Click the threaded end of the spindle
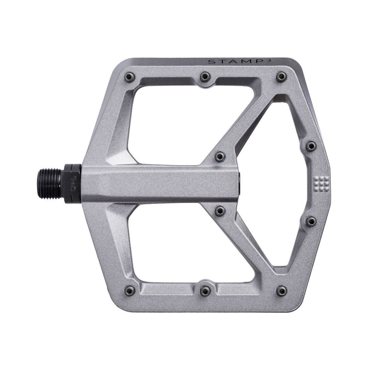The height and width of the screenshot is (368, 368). click(49, 184)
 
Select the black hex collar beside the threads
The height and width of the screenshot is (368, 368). click(72, 184)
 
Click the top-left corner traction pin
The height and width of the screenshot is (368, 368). click(129, 77)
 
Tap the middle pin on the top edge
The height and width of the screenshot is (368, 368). click(205, 77)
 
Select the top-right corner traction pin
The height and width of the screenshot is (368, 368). click(281, 77)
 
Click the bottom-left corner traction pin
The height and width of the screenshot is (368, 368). click(129, 291)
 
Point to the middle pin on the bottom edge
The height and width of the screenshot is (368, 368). click(205, 291)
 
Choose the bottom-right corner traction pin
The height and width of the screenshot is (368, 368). click(281, 291)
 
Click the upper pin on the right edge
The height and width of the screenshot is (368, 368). click(310, 146)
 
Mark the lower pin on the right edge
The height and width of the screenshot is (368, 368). click(310, 221)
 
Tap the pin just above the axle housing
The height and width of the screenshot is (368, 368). click(220, 156)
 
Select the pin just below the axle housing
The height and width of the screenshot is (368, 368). click(220, 211)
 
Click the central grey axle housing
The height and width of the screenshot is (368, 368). click(160, 184)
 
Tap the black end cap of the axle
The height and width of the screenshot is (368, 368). click(239, 184)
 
